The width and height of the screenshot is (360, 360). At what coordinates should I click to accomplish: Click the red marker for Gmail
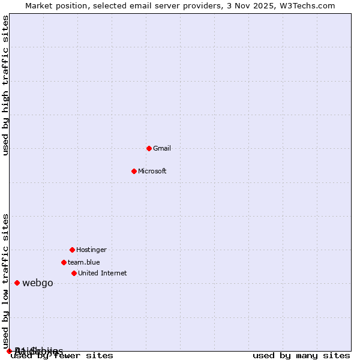pos(149,148)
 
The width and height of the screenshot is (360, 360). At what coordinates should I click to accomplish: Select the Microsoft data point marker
pos(134,171)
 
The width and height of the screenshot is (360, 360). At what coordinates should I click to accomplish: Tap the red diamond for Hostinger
pos(72,250)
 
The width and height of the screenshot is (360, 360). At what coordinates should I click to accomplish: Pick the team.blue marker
pos(64,262)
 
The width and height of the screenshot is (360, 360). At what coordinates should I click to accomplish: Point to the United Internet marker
pos(74,273)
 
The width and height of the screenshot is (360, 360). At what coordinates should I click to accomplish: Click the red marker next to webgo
pos(17,283)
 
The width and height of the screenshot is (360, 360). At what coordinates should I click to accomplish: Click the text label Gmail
pos(162,148)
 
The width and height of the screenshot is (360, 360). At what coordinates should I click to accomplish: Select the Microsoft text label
pos(152,171)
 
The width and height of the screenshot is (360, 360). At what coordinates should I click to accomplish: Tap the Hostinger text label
pos(91,250)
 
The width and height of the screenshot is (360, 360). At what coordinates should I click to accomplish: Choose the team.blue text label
pos(84,262)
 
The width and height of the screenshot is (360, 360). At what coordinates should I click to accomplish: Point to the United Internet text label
pos(103,273)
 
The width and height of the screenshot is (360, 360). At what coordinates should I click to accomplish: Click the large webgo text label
pos(38,283)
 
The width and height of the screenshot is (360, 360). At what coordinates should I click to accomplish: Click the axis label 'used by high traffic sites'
pos(6,85)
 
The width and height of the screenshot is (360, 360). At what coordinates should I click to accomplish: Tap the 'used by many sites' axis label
pos(301,356)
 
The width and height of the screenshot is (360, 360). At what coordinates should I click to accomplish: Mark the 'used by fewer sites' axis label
pos(62,356)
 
